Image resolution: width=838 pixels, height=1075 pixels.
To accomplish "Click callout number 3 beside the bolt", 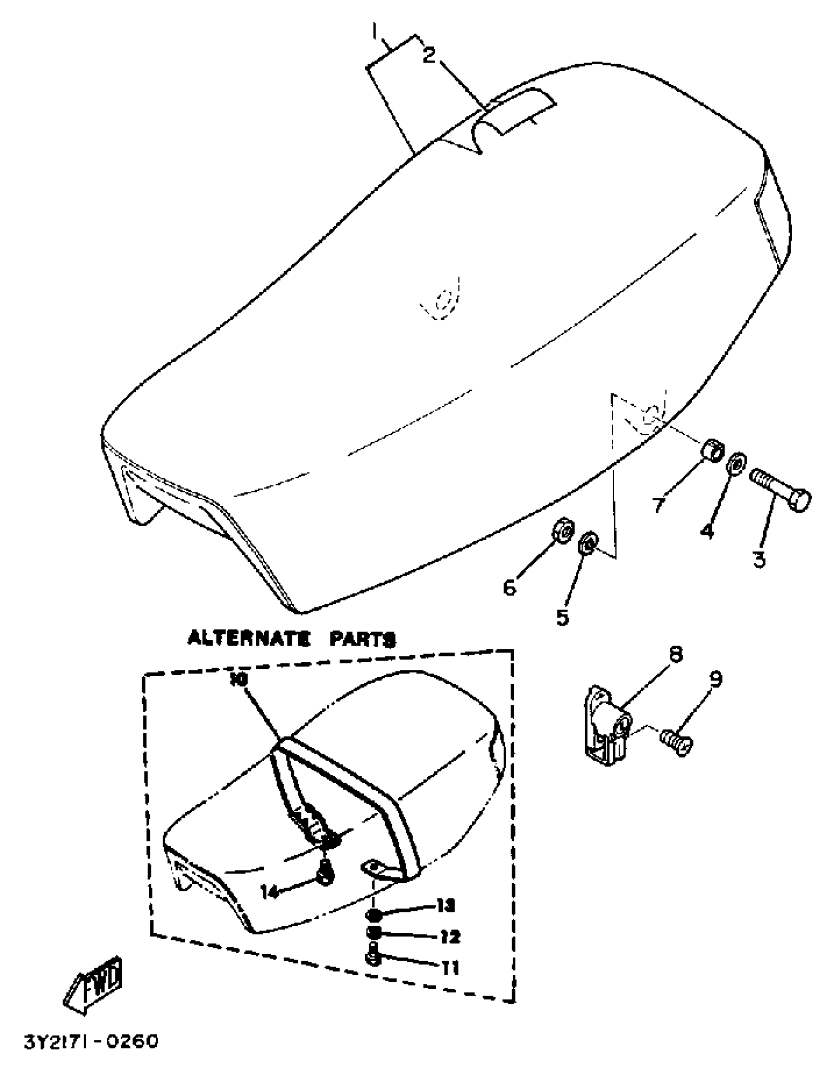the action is click(x=759, y=559).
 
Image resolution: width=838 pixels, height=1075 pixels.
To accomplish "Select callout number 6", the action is click(x=509, y=587).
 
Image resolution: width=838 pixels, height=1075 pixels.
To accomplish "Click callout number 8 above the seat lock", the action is click(x=675, y=654).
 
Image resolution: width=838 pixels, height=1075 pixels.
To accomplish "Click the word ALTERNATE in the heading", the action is click(x=249, y=639).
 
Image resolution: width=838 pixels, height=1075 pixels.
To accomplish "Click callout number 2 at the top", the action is click(x=429, y=56).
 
